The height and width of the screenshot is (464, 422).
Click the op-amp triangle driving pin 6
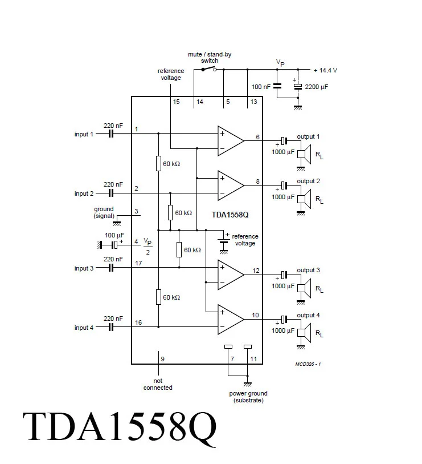[x=230, y=140]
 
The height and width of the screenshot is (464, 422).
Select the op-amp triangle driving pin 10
[x=230, y=319]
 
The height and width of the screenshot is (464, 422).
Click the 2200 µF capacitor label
[x=317, y=87]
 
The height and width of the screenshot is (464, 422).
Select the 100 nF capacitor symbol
[x=277, y=86]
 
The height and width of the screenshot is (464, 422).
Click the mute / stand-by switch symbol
[x=208, y=69]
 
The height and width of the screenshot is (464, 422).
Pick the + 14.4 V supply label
[x=325, y=70]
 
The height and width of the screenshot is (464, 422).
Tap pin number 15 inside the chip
[x=176, y=102]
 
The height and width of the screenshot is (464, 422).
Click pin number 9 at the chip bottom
[x=163, y=358]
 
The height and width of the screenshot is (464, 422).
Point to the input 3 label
[x=84, y=268]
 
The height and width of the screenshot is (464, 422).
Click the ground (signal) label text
[x=104, y=212]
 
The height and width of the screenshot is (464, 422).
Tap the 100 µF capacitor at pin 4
[x=114, y=244]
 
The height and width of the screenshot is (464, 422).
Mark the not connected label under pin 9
[x=158, y=384]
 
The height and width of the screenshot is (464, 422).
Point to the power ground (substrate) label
[x=248, y=397]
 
